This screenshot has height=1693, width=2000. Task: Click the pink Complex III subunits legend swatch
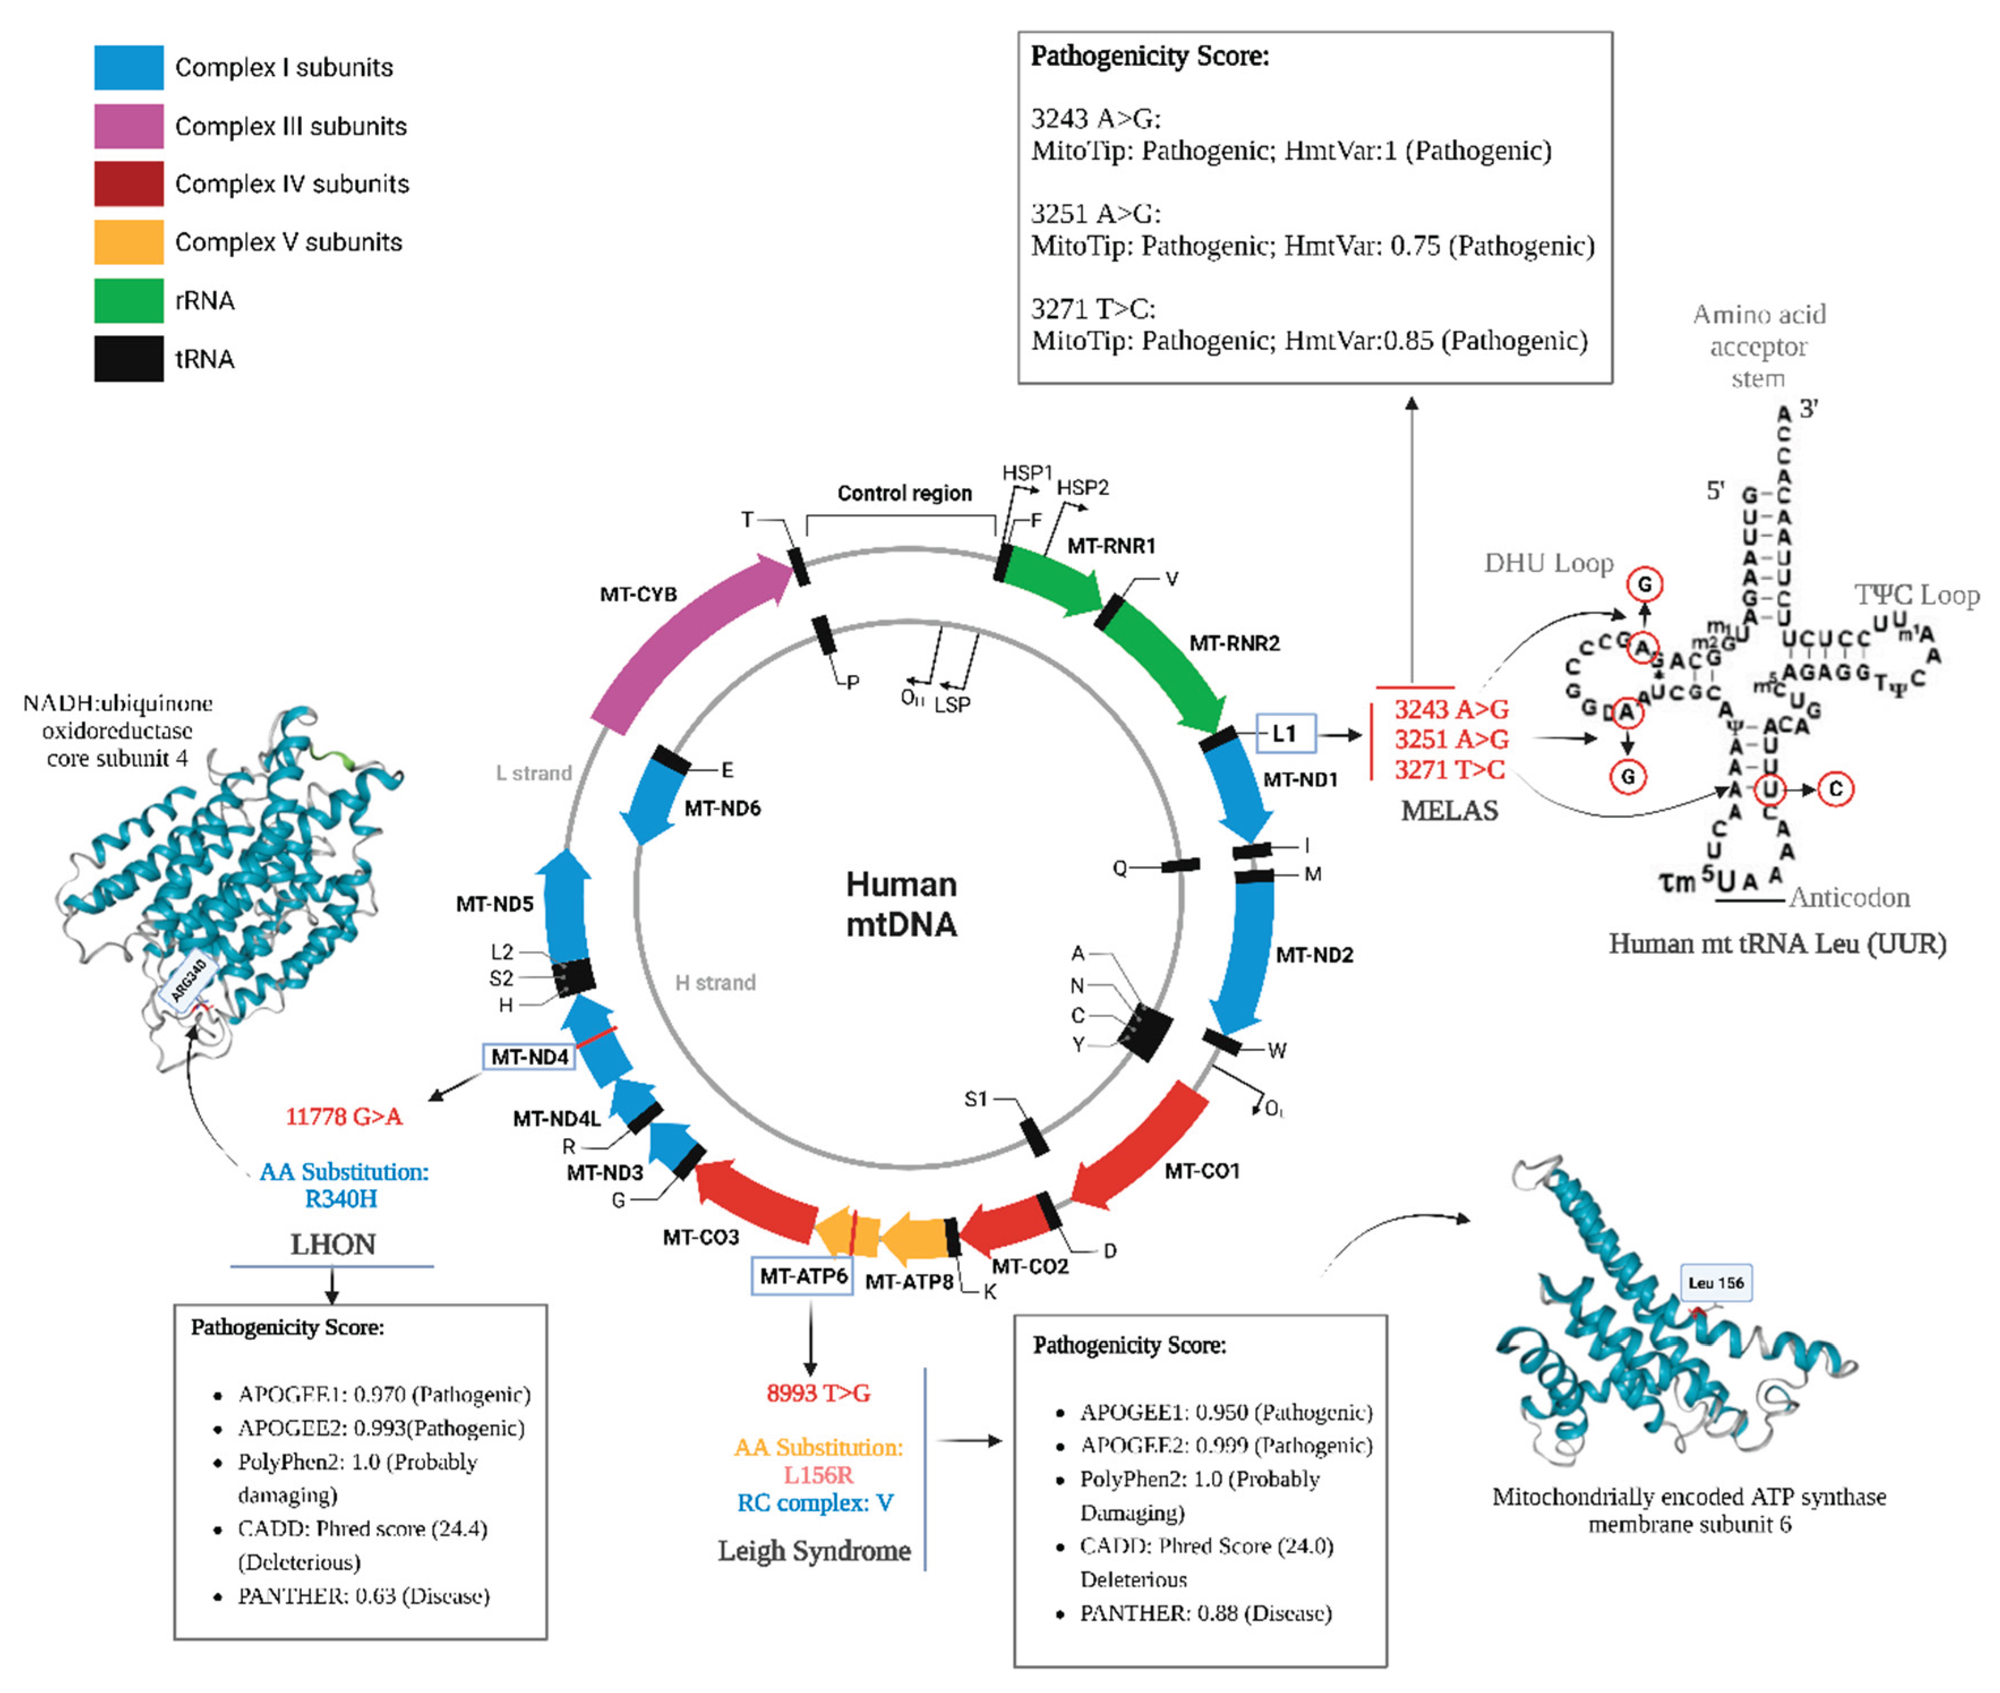[129, 126]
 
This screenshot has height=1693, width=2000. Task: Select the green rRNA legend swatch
[129, 301]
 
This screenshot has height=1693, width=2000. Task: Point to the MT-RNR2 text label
[1234, 643]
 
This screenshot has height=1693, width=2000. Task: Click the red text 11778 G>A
[344, 1116]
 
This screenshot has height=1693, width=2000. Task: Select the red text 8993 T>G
[817, 1392]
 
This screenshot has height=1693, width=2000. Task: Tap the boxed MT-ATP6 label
[802, 1276]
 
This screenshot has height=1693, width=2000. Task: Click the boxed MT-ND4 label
[529, 1057]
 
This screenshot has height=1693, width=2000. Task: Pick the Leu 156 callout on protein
[1716, 1282]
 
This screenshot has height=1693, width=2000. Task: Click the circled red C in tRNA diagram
[1835, 789]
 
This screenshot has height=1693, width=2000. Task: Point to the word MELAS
[1449, 811]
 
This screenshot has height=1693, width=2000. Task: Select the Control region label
[904, 493]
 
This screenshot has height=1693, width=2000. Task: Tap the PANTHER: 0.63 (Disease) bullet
[364, 1595]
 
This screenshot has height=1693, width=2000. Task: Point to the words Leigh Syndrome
[814, 1550]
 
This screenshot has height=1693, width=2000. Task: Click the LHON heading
[333, 1245]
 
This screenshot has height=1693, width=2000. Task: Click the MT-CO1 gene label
[1202, 1171]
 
